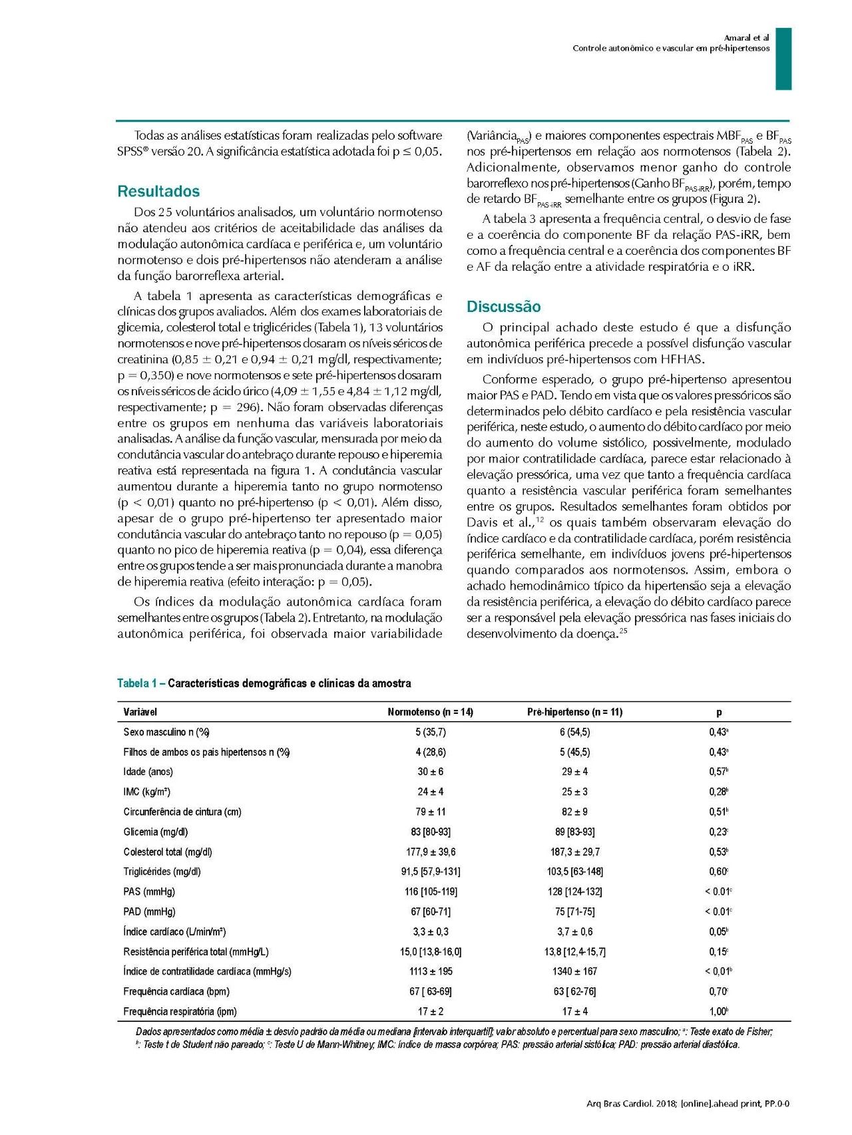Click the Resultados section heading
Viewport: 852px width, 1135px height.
pos(158,192)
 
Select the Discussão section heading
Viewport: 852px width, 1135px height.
pos(504,307)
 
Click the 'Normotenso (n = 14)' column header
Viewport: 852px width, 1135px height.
pos(430,712)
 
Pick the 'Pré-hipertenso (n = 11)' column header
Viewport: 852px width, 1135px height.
pos(574,712)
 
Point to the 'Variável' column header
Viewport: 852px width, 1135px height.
pos(140,712)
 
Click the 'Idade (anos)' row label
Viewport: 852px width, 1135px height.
pos(148,772)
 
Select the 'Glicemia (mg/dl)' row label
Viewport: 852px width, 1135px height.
pos(156,832)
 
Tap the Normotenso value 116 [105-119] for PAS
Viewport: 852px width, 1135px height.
pos(431,892)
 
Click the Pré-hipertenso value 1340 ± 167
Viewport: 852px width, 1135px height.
pos(574,971)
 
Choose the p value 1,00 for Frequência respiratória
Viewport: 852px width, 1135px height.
pos(718,1011)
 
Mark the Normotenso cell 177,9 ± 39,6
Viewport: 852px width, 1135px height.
pos(431,852)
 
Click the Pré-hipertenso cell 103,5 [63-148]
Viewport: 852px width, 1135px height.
pos(574,872)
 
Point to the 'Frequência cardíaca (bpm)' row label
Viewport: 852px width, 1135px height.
pos(176,991)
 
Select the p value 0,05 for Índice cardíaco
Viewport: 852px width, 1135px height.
pos(718,931)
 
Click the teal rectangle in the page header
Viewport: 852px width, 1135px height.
pos(783,59)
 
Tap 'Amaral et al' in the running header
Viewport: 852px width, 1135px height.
pos(746,38)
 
